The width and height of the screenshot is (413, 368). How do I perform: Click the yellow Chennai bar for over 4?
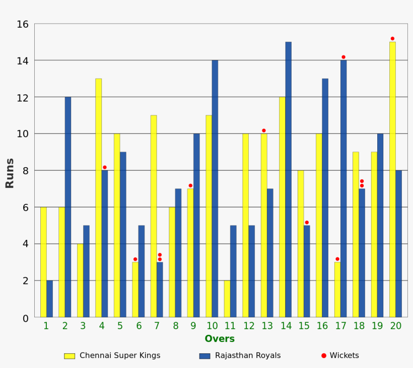[x=98, y=197]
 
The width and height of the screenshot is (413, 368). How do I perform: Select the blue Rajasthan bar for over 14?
[x=288, y=179]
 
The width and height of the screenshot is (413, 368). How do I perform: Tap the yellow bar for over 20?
[x=392, y=179]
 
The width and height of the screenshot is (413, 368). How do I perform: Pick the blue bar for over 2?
[x=68, y=206]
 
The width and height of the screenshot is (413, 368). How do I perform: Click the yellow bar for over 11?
[x=227, y=299]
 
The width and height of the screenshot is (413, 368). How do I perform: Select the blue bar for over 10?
[x=215, y=188]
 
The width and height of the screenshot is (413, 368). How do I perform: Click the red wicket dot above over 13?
[x=263, y=130]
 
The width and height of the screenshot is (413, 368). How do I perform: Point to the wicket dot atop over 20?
[x=392, y=39]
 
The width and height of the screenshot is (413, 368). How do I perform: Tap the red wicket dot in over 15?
[x=307, y=223]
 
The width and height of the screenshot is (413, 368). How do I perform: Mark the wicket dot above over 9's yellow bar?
[x=190, y=186]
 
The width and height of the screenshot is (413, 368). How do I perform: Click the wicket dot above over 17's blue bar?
[x=343, y=57]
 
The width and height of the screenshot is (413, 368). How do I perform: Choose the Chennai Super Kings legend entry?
[x=112, y=355]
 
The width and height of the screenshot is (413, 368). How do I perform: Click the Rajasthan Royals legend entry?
[x=240, y=355]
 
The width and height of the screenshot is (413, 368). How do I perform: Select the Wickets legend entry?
[x=340, y=355]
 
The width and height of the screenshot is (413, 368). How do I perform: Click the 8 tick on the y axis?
[x=24, y=171]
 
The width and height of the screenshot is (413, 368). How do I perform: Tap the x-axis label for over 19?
[x=378, y=326]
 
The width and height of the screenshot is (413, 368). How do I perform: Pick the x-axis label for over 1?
[x=46, y=326]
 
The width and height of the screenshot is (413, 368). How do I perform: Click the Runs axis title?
[x=10, y=173]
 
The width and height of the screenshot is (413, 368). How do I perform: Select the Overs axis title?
[x=220, y=339]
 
